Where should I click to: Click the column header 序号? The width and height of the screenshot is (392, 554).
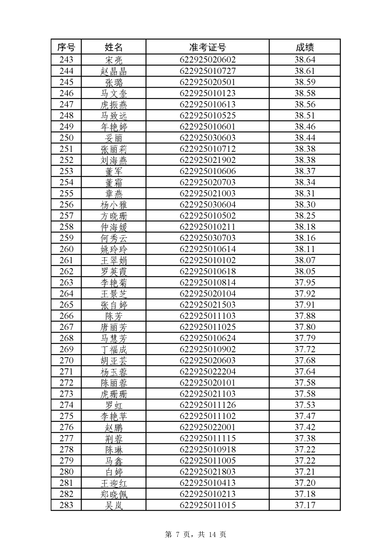pos(66,47)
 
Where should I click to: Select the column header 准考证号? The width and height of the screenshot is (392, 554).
pos(207,47)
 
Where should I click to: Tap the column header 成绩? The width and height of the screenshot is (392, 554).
pos(305,47)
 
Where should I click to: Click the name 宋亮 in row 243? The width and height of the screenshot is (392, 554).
pos(114,60)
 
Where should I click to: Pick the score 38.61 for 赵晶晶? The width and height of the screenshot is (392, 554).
pos(305,71)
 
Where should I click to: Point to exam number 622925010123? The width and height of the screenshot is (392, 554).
pos(207,93)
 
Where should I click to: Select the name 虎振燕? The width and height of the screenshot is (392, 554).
pos(114,104)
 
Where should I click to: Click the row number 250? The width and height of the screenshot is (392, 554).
pos(66,138)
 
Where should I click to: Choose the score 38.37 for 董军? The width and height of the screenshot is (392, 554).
pos(305,171)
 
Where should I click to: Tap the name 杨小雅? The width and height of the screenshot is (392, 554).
pos(114,205)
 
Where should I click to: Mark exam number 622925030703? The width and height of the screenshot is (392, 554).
pos(207,238)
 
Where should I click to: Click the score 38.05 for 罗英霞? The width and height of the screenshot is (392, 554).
pos(305,271)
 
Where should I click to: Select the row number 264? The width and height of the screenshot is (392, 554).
pos(66,294)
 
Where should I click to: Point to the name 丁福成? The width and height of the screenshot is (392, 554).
pos(114,349)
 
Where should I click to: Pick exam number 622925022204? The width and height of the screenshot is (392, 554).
pos(207,372)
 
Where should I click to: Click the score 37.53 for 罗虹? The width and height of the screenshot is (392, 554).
pos(305,405)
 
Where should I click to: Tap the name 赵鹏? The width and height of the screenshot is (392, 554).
pos(114,427)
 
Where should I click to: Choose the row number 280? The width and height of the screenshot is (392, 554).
pos(66,472)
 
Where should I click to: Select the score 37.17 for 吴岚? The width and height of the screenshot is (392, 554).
pos(305,505)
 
